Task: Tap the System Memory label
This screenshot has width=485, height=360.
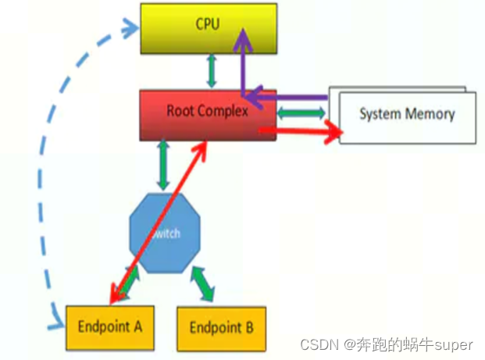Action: pyautogui.click(x=406, y=114)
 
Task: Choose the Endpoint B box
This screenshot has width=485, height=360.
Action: pyautogui.click(x=221, y=326)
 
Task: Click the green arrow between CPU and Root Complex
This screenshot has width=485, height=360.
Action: pyautogui.click(x=210, y=71)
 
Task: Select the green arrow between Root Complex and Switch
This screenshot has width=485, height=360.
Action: pyautogui.click(x=163, y=165)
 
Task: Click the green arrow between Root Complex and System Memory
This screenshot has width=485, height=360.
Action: pyautogui.click(x=301, y=114)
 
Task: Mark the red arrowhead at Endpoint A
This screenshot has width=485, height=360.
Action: pyautogui.click(x=116, y=295)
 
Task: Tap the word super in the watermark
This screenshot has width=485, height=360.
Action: pyautogui.click(x=455, y=344)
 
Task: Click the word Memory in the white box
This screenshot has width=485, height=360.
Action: pyautogui.click(x=429, y=114)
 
